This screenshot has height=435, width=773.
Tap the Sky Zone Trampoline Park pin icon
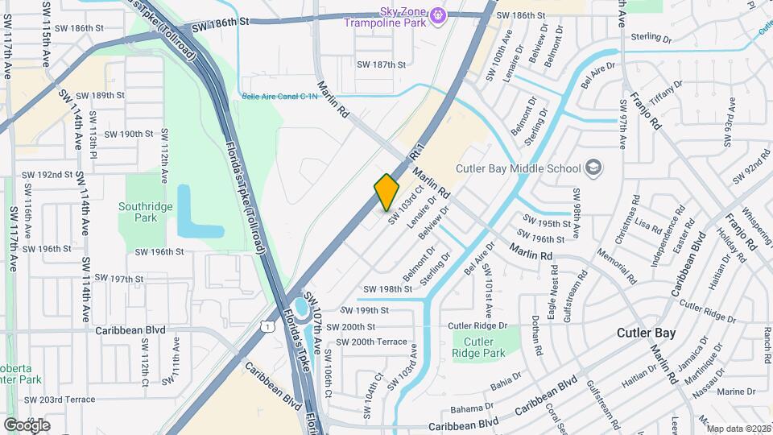[x=437, y=14]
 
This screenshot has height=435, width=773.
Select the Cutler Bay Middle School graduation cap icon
[x=593, y=168]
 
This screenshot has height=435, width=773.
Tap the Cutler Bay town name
[x=646, y=333]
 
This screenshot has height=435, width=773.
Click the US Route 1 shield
[x=265, y=323]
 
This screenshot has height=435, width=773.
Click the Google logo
[x=27, y=425]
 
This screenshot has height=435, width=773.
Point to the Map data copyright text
[x=737, y=429]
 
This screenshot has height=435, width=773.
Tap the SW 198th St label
[x=387, y=289]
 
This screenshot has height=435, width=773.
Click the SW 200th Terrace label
[x=371, y=342]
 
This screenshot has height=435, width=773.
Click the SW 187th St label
[x=383, y=64]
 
